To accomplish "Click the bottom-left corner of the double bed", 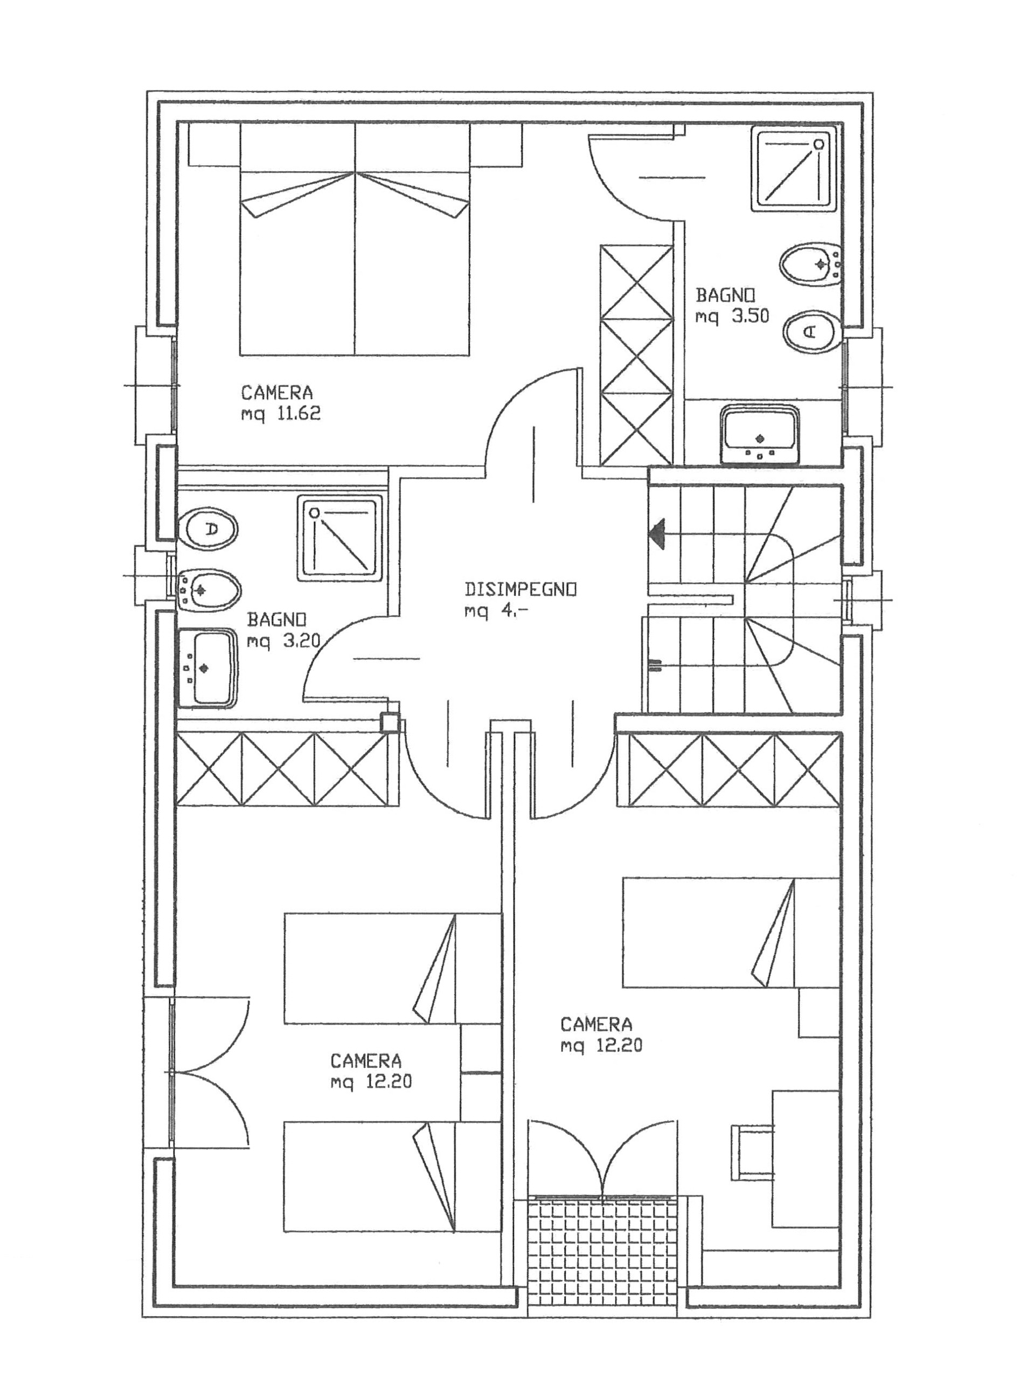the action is click(x=240, y=355).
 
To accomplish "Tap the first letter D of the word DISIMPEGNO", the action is click(x=470, y=589).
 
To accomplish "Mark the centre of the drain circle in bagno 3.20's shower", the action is click(x=315, y=512).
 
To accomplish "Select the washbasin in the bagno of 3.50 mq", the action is click(x=761, y=434).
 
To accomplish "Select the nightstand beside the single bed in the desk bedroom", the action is click(x=820, y=1012).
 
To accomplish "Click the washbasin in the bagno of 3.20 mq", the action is click(x=207, y=669).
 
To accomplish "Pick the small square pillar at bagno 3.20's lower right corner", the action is click(x=390, y=723).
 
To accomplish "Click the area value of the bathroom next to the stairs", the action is click(x=732, y=317).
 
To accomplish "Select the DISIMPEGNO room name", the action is click(x=521, y=589).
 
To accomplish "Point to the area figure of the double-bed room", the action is click(x=281, y=414).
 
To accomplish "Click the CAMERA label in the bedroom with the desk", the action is click(x=596, y=1025).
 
